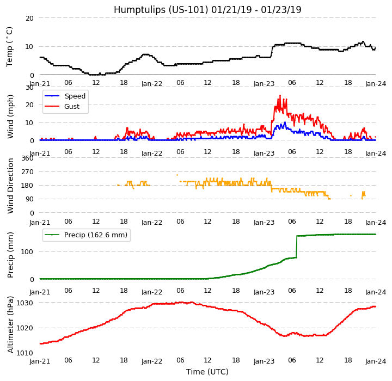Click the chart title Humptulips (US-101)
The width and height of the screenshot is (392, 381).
(207, 10)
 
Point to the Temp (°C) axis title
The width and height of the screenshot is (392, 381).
(10, 46)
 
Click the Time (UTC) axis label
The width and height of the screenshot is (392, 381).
(207, 372)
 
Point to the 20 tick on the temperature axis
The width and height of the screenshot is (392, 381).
(29, 18)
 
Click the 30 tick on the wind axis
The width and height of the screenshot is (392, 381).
(29, 87)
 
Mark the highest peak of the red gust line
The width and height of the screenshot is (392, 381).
(280, 96)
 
